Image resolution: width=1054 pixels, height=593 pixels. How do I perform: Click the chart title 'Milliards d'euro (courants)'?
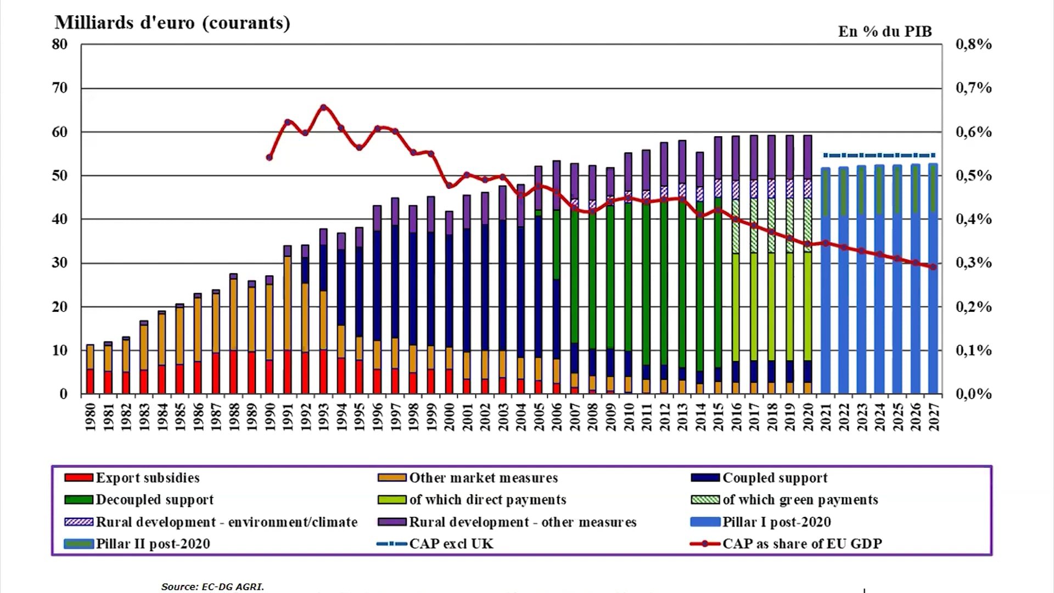coord(172,23)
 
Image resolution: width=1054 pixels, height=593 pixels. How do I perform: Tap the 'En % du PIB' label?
coord(884,32)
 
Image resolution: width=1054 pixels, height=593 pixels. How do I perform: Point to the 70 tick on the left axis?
coord(60,88)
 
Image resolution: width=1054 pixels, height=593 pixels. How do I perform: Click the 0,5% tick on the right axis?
coord(973,176)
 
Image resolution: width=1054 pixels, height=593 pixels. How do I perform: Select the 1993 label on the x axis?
coord(324,417)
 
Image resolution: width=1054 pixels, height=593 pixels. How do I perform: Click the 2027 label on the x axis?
coord(934,417)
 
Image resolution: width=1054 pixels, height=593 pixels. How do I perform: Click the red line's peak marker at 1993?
coord(323,108)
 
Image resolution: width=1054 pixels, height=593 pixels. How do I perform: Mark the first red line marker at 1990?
coord(270,158)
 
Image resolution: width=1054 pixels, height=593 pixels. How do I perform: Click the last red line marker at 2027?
coord(933,267)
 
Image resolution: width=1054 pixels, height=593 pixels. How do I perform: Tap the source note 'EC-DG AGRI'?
coord(212,586)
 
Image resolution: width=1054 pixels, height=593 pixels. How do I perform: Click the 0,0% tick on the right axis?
coord(973,394)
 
